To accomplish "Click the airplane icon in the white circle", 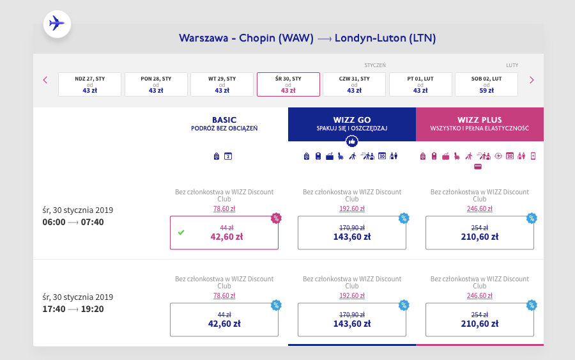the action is [57, 24].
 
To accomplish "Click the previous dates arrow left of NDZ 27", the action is [45, 80].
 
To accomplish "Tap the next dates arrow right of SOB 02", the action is [532, 80].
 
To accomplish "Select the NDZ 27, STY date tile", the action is [90, 84].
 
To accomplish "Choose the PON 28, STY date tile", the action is [156, 84].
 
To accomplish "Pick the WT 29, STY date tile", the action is [222, 84].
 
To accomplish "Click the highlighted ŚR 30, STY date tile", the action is [288, 84].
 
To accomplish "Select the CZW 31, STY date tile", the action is [354, 84].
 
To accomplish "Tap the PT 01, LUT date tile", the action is [420, 84].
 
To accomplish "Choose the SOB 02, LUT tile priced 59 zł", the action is [486, 84].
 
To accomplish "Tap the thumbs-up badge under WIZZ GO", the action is [352, 141].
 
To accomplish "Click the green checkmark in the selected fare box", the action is [181, 232].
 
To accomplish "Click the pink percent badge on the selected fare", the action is [276, 218].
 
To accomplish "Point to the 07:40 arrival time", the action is [93, 222].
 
